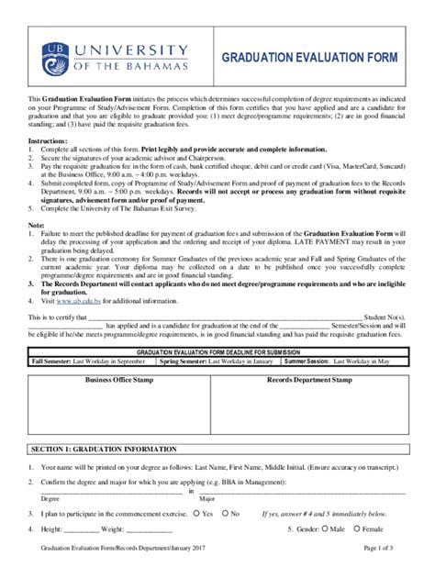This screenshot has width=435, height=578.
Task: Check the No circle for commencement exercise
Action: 224,514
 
